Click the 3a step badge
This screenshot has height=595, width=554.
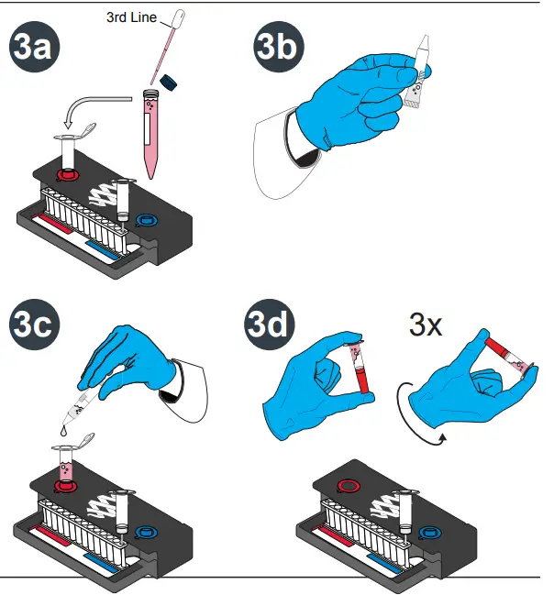[36, 49]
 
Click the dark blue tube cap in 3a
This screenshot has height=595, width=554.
[168, 83]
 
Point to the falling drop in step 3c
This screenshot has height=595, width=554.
[62, 426]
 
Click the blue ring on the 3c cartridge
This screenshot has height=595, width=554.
[146, 531]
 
